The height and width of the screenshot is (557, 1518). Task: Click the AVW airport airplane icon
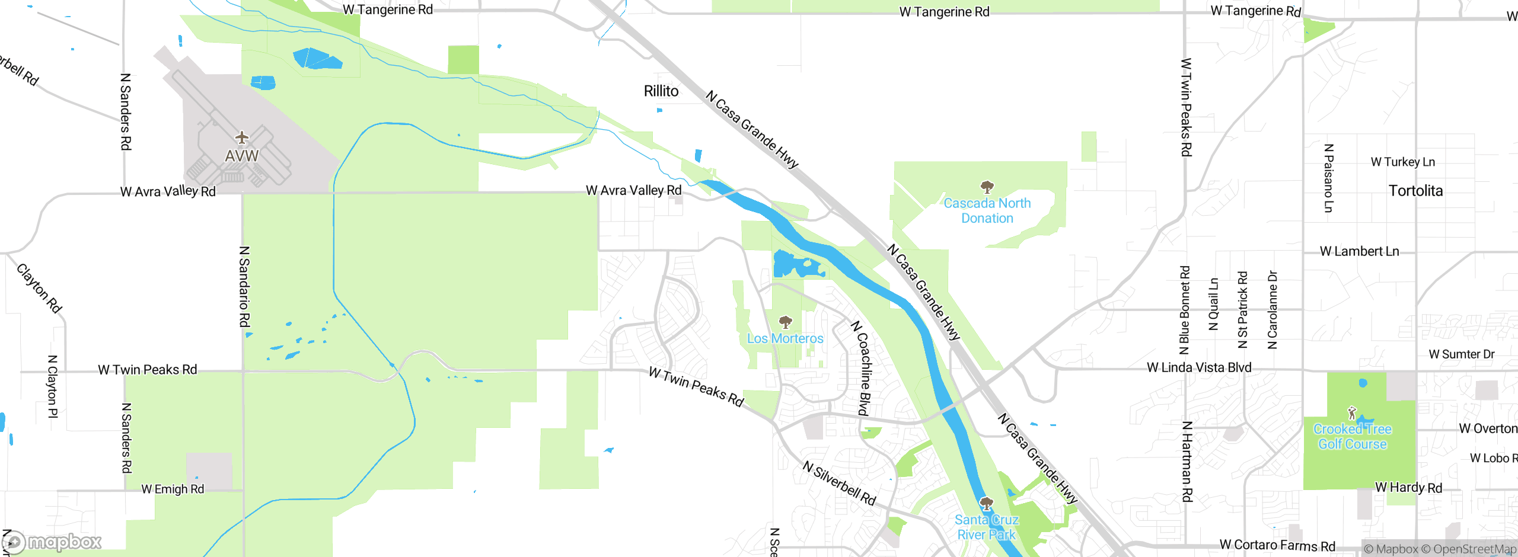click(x=241, y=138)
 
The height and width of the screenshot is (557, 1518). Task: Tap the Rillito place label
click(x=661, y=91)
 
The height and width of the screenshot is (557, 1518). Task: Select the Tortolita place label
click(x=1415, y=191)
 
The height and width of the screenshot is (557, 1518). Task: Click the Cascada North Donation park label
click(x=987, y=210)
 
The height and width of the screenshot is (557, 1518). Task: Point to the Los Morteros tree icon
click(x=785, y=322)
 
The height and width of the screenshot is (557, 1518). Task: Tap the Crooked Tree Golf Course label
click(x=1352, y=437)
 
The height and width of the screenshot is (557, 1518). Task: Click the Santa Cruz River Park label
click(x=986, y=527)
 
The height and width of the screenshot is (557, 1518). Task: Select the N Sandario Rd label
click(x=244, y=287)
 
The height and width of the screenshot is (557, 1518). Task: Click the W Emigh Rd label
click(x=173, y=489)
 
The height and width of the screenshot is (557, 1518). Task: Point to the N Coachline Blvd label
click(x=863, y=368)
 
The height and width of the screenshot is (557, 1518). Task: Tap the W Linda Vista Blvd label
click(x=1199, y=368)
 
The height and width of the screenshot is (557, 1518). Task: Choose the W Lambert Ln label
click(x=1359, y=252)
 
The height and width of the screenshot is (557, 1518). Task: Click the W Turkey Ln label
click(x=1402, y=162)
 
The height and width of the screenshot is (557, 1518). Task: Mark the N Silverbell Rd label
click(x=839, y=483)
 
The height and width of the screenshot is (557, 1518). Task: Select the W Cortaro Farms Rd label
click(x=1277, y=545)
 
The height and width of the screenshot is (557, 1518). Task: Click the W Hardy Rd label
click(x=1408, y=488)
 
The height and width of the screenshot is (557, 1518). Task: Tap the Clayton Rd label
click(x=39, y=288)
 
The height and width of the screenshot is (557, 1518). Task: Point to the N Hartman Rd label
click(x=1187, y=462)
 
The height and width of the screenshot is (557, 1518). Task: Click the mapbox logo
click(x=52, y=542)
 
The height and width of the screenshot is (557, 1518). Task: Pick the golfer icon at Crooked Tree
click(x=1352, y=412)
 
